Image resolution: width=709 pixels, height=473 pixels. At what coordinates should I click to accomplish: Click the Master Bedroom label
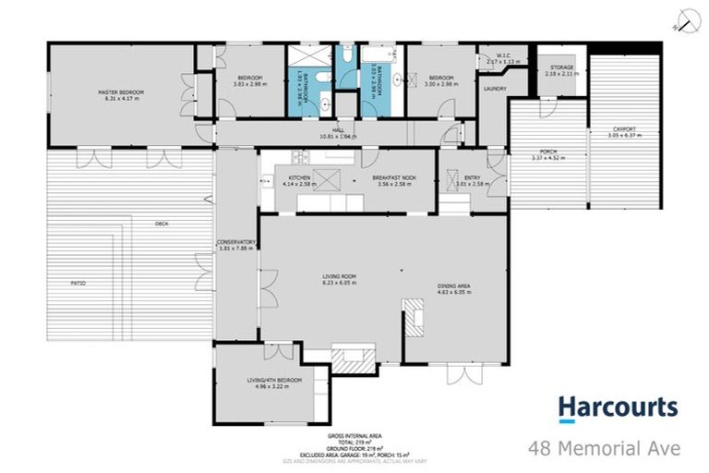coord(120,92)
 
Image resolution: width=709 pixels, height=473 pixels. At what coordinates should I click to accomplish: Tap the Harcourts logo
coord(618,408)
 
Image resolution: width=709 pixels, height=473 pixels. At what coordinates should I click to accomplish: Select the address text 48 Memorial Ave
coord(604,449)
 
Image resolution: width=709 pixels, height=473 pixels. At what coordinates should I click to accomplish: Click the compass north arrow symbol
coord(684,19)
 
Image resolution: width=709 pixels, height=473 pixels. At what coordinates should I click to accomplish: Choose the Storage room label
coord(561,67)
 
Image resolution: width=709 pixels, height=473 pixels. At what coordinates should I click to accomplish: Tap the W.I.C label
coord(503,55)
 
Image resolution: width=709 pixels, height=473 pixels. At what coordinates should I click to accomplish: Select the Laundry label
coord(493,89)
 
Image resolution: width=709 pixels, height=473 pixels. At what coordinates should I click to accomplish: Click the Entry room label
coord(473,177)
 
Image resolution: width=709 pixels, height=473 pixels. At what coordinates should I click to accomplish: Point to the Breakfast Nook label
coord(392,177)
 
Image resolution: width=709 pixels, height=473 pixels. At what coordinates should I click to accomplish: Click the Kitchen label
coord(299,177)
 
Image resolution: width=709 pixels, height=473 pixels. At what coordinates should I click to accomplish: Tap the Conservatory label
coord(235,242)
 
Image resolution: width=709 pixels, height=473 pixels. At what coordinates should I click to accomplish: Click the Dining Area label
coord(454,286)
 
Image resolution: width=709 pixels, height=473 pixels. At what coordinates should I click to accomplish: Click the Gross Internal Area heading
coord(354,434)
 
